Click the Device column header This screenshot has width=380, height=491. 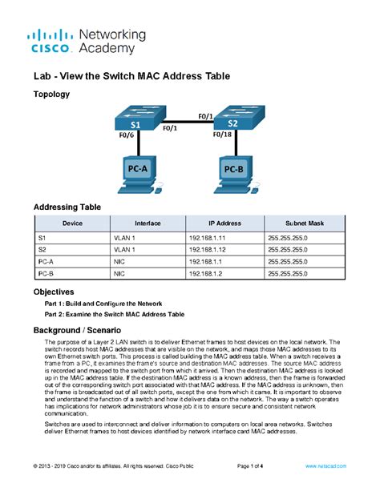pos(72,223)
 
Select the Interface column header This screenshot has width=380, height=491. pos(147,223)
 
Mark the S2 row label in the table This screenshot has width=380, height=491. pos(42,249)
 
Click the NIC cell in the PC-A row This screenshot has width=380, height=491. pos(119,261)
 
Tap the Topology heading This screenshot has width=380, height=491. pos(51,95)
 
